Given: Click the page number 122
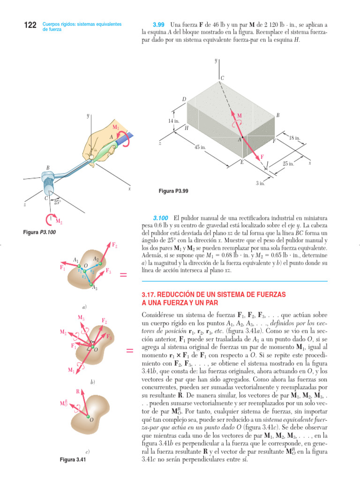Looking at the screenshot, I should pyautogui.click(x=30, y=25).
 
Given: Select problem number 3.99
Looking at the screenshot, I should pyautogui.click(x=158, y=24).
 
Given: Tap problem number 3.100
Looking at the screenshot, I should pyautogui.click(x=160, y=218).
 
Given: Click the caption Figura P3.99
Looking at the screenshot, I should pyautogui.click(x=173, y=191).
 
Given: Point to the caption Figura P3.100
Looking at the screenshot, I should pyautogui.click(x=39, y=232).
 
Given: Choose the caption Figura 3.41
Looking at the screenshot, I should pyautogui.click(x=73, y=459).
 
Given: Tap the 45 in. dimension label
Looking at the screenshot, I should pyautogui.click(x=200, y=148).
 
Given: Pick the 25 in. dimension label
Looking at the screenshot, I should pyautogui.click(x=289, y=164).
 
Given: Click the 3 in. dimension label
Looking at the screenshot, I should pyautogui.click(x=260, y=183).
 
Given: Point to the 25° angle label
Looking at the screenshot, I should pyautogui.click(x=57, y=202).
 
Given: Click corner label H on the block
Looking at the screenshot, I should pyautogui.click(x=187, y=127).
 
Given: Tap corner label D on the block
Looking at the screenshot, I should pyautogui.click(x=184, y=99).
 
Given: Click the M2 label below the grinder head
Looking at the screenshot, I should pyautogui.click(x=59, y=221).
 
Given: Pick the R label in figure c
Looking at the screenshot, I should pyautogui.click(x=78, y=390).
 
